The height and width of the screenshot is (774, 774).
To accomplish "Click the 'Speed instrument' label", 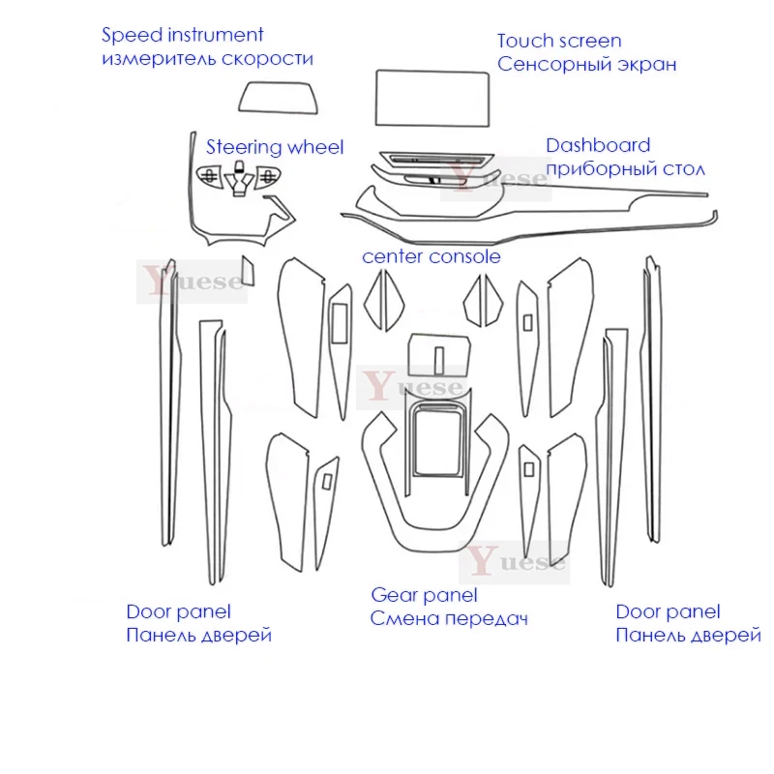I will pos(183,36).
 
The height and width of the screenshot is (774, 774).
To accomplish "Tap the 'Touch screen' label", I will pos(558,41).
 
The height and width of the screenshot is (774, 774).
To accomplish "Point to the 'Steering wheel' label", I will pos(275,148).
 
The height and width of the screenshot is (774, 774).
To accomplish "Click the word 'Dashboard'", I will pos(598,146).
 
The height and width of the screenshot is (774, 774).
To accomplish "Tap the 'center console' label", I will pos(431,256).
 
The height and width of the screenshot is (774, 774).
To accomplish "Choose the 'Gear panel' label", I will pos(424,595).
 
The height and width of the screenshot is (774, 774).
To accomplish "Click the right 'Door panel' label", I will pos(668,611).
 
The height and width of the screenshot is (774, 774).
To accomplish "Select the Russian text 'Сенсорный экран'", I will pos(585,65).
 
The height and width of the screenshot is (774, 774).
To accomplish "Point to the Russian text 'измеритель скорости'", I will pos(207,59).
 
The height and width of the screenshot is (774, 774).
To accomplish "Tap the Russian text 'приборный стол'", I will pos(626,168).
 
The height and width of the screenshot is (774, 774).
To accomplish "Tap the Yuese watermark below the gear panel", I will pos(518,561).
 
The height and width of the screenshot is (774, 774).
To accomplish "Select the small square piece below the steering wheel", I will pos(249,271).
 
